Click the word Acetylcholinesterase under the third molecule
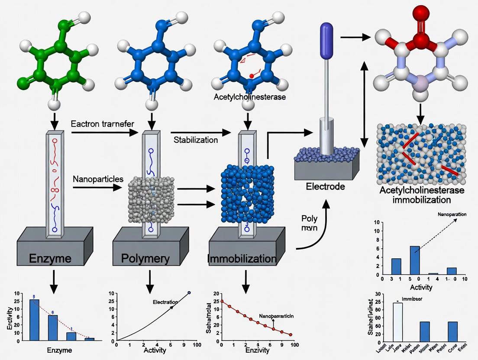click(250, 97)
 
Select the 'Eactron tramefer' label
click(102, 124)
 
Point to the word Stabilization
click(196, 140)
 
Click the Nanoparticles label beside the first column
click(98, 179)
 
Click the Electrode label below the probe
click(325, 187)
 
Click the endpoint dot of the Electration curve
click(189, 293)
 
